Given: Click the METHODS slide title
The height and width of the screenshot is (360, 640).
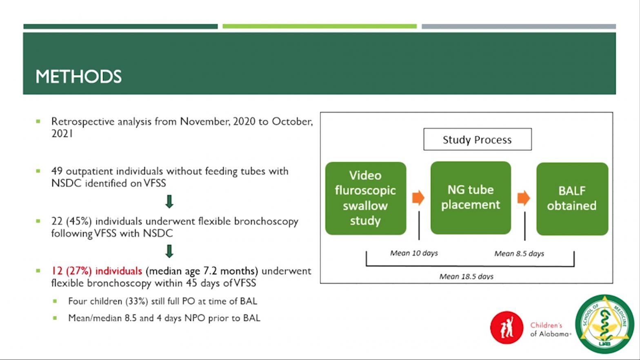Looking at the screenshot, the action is (x=78, y=77).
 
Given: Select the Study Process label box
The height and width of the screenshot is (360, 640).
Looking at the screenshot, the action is (x=478, y=140).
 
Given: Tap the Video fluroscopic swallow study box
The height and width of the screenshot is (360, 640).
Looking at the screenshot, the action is (x=366, y=198).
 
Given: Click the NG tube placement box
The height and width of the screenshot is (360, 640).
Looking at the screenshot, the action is (x=471, y=198).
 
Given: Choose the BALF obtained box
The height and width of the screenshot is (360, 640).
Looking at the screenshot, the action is (x=572, y=199).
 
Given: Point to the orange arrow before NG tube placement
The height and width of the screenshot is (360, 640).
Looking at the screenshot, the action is (x=418, y=198).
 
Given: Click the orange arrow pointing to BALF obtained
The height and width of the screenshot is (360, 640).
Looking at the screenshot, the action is (x=524, y=198).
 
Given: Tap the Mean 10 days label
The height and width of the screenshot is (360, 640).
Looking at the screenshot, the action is (x=414, y=253).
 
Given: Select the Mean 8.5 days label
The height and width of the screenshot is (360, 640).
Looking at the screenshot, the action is (x=519, y=254).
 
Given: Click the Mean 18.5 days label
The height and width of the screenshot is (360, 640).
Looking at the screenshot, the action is (x=466, y=277).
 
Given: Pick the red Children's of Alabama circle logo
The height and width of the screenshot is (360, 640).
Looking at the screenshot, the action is (x=507, y=327).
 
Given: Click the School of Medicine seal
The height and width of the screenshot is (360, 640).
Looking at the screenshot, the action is (x=604, y=324).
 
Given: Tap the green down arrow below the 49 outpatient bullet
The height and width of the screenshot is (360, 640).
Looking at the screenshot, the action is (x=169, y=202).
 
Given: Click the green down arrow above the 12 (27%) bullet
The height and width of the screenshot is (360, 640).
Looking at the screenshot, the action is (x=169, y=251).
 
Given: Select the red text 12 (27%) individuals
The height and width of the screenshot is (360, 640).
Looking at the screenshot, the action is (x=97, y=271).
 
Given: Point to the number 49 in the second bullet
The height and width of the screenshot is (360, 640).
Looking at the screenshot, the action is (x=57, y=171).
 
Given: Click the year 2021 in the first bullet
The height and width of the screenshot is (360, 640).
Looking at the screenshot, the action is (x=62, y=133).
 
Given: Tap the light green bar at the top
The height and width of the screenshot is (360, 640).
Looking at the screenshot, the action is (x=320, y=26).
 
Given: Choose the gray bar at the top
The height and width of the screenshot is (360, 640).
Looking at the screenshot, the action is (x=519, y=26).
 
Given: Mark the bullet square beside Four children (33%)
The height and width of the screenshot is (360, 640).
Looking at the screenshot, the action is (x=55, y=301).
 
